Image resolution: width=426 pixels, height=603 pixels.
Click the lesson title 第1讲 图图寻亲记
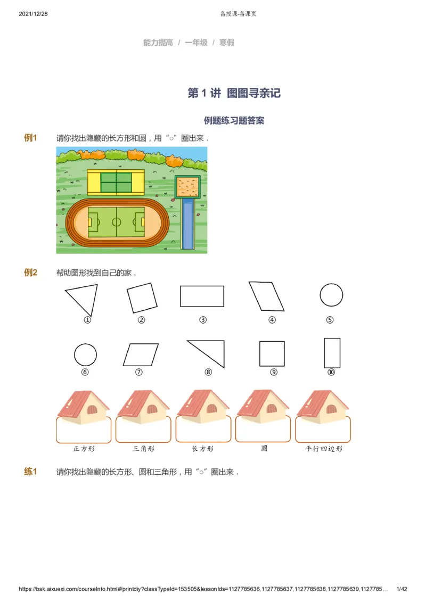234,93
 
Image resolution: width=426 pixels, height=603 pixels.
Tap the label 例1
30,138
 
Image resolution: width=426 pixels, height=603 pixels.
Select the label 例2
30,272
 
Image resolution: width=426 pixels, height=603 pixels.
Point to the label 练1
30,472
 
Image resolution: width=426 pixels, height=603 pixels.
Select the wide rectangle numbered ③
202,296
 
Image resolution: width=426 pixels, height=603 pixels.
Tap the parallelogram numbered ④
266,296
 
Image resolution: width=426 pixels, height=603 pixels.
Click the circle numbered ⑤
331,294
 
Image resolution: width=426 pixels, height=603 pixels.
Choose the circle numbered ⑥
85,354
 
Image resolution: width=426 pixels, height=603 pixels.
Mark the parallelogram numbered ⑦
141,354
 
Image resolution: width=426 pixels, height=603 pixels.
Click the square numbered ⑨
272,354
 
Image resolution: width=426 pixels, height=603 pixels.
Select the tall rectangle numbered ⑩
332,353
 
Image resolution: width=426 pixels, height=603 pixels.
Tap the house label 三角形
143,449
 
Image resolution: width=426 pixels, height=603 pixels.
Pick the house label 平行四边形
324,449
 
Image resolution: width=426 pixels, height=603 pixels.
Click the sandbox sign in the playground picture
189,187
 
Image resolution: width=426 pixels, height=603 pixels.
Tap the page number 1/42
402,589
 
